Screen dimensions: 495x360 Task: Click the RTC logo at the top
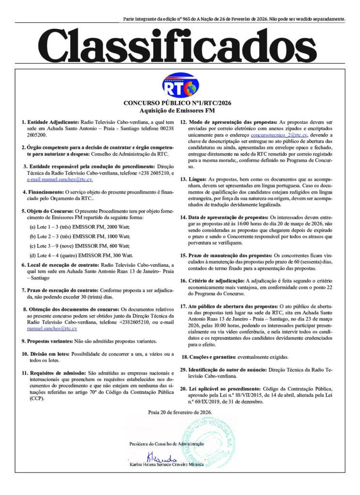[x=180, y=86]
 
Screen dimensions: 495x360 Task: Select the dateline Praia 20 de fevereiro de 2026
[x=180, y=412]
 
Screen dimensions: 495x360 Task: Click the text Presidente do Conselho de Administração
[x=166, y=444]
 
